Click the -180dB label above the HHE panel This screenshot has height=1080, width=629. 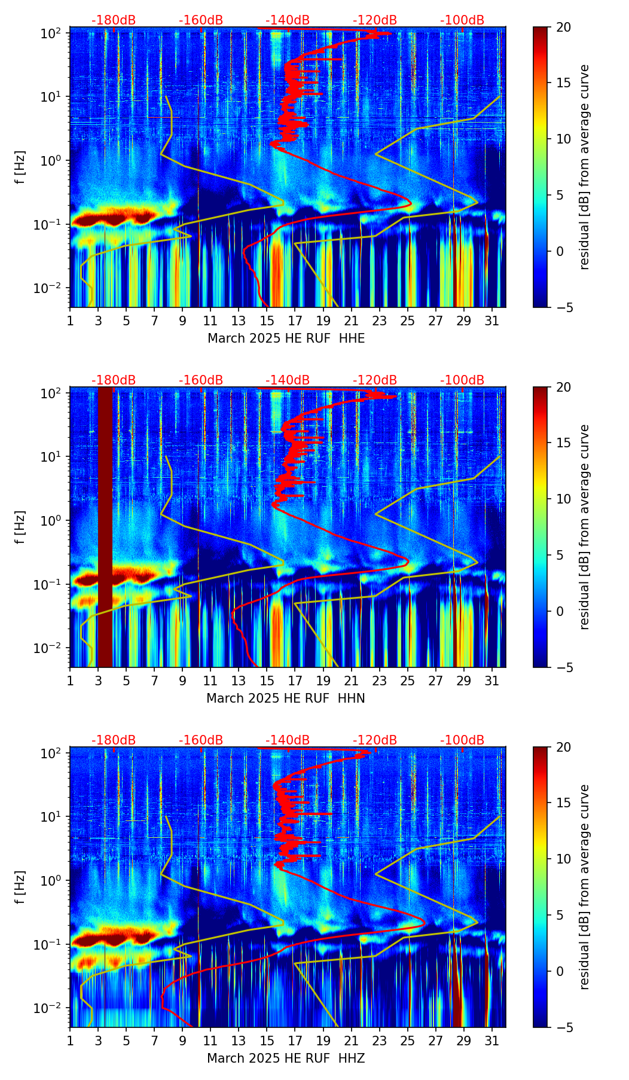click(x=114, y=20)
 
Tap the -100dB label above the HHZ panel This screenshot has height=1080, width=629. click(x=462, y=740)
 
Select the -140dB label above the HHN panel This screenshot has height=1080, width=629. click(x=288, y=380)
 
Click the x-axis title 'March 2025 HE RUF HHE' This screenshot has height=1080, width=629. click(x=286, y=338)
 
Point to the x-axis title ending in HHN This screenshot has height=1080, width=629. click(x=286, y=698)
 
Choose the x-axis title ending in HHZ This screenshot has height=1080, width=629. click(x=286, y=1058)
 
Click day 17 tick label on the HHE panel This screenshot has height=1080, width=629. click(x=295, y=320)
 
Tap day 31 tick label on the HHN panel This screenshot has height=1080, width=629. click(x=491, y=680)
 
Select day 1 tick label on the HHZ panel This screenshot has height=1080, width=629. click(x=70, y=1040)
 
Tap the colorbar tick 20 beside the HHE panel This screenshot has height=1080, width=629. click(x=563, y=27)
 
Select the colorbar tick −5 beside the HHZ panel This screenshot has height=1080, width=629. click(x=563, y=1027)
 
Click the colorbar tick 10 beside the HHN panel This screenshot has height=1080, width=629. click(x=563, y=499)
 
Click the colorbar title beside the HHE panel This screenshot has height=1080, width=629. click(x=584, y=167)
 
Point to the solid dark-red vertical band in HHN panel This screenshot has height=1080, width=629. click(x=105, y=527)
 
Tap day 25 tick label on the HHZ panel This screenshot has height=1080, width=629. click(x=407, y=1040)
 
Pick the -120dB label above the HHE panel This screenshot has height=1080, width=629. click(x=375, y=20)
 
